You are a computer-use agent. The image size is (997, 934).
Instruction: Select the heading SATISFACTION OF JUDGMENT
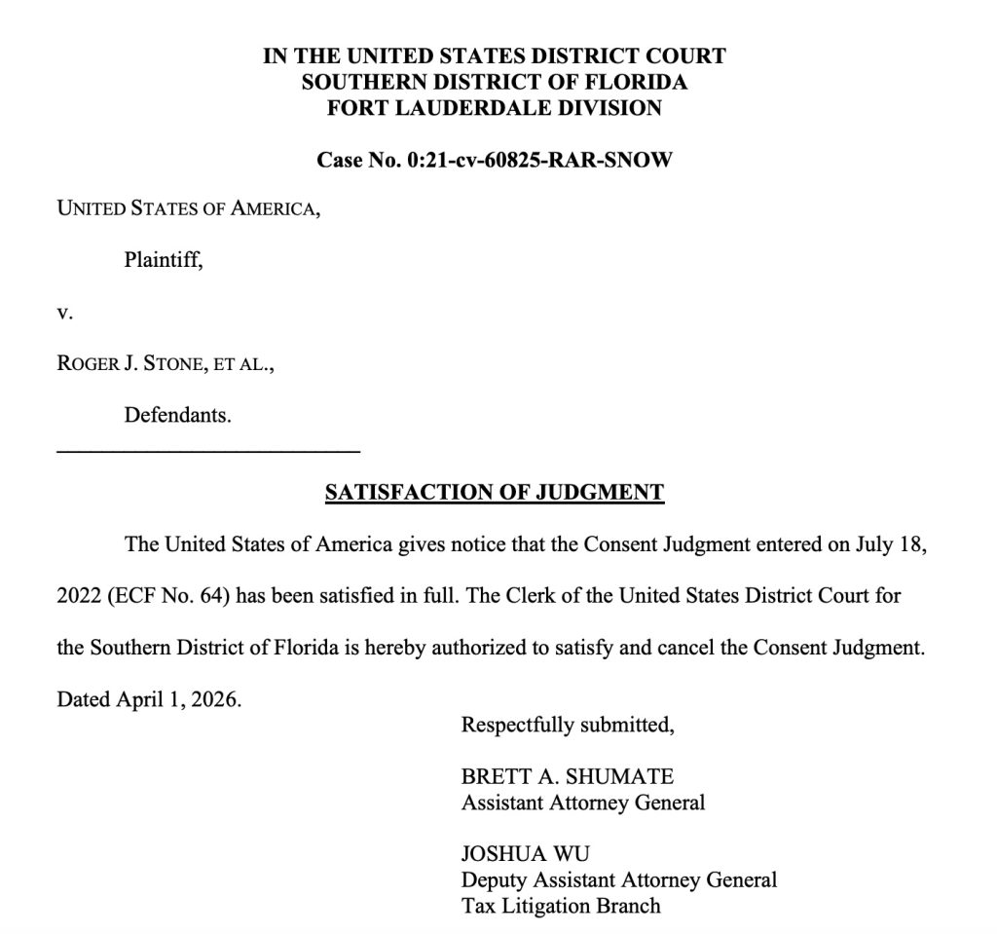click(x=495, y=493)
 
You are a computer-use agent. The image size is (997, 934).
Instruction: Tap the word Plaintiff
click(x=163, y=260)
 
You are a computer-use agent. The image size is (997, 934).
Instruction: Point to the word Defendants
click(x=177, y=416)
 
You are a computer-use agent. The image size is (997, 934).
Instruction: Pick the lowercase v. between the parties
click(x=64, y=313)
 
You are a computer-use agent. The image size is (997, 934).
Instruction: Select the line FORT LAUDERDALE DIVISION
click(x=495, y=108)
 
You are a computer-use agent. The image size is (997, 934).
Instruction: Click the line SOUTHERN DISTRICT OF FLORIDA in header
click(x=495, y=82)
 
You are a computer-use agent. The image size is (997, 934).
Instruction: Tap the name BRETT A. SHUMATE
click(x=568, y=777)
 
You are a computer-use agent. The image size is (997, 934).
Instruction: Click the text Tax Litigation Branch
click(x=561, y=906)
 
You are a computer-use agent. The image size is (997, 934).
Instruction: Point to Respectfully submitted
click(x=568, y=725)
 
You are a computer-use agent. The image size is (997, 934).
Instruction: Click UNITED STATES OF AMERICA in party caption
click(x=187, y=207)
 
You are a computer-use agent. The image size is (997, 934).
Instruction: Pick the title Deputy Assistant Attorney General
click(x=619, y=880)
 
